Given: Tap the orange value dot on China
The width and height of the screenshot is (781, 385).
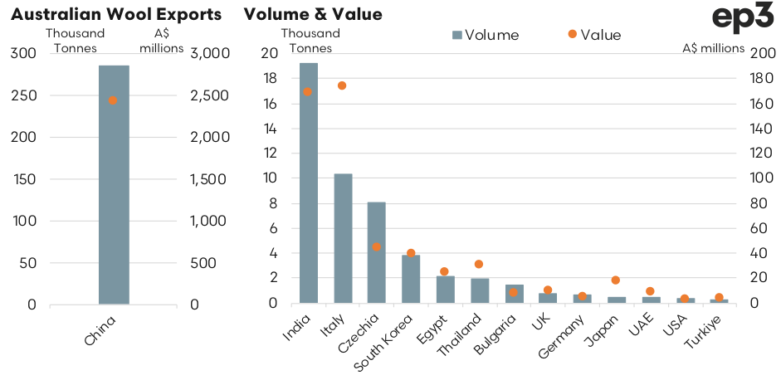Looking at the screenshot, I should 114,100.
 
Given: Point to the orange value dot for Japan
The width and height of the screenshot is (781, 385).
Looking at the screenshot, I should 616,280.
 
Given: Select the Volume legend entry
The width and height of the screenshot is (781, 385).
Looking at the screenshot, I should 486,35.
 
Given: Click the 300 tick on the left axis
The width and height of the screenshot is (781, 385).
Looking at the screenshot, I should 23,53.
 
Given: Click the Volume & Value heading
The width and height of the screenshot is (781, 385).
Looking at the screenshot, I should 314,14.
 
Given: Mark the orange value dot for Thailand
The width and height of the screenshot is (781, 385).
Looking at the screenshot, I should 479,264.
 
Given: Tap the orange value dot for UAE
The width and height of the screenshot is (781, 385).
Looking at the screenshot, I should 650,291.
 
